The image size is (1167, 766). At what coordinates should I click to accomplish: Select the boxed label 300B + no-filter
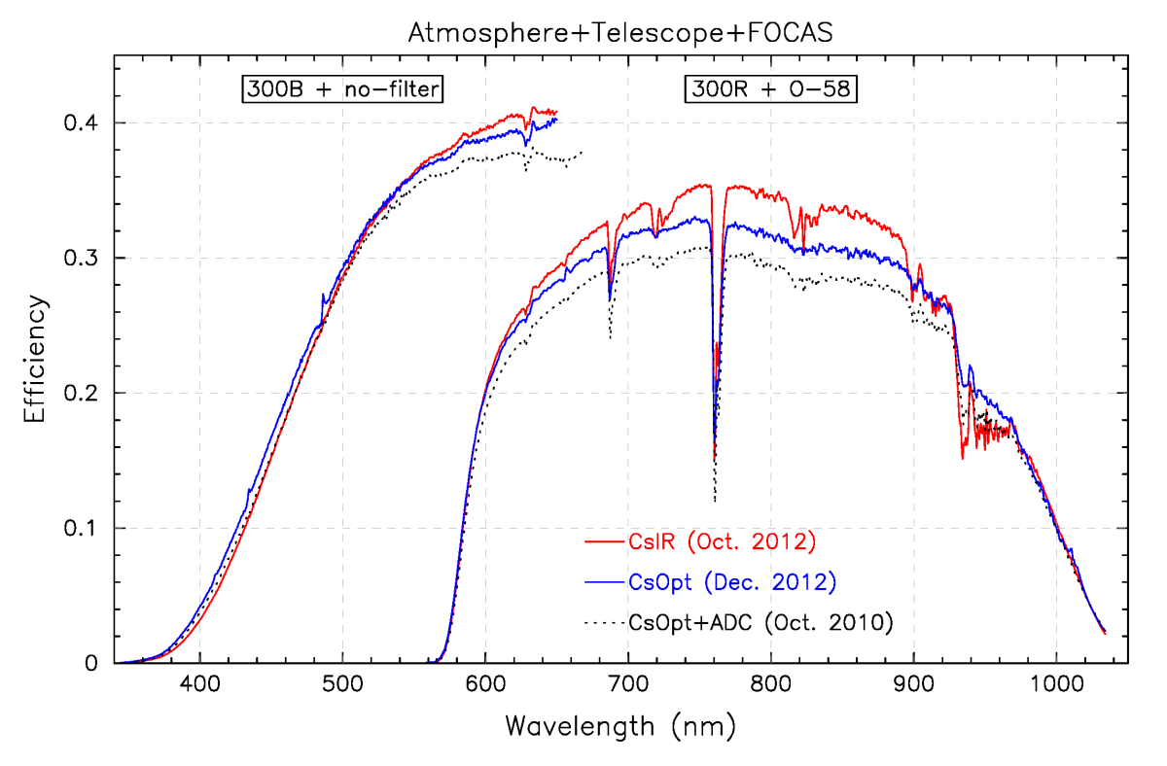[x=342, y=90]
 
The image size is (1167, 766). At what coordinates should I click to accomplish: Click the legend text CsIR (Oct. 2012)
[x=705, y=540]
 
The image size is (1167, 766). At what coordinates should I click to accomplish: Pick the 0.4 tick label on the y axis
[x=86, y=122]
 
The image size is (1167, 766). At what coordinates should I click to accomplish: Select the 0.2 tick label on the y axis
[x=86, y=393]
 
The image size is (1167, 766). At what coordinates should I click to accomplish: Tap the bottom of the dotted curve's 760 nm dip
[x=715, y=502]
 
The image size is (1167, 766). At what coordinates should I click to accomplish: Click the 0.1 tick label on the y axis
[x=86, y=528]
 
